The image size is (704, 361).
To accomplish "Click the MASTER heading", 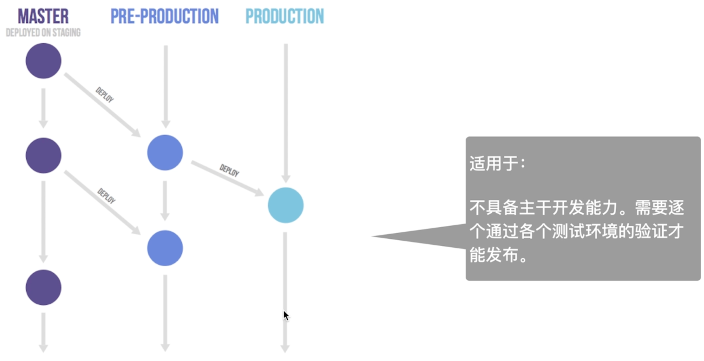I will [43, 17].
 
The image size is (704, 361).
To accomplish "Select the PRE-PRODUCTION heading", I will [164, 17].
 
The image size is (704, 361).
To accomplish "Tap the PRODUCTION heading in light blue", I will [285, 17].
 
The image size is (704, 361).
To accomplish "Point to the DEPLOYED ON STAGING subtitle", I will [43, 33].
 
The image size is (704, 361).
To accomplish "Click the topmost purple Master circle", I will [43, 61].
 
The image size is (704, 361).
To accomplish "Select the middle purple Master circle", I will [43, 155].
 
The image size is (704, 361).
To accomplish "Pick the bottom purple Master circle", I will [43, 287].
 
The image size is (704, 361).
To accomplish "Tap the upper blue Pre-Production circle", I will [165, 153].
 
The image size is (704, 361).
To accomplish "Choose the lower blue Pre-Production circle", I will [165, 248].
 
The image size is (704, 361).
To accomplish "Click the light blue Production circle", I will [286, 205].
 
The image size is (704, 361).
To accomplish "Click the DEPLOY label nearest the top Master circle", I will [105, 95].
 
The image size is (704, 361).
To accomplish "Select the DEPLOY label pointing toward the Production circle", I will [229, 170].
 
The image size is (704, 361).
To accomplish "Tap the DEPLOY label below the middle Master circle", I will [106, 196].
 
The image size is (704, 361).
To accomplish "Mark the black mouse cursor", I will [286, 316].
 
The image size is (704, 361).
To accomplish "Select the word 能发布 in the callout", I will [494, 255].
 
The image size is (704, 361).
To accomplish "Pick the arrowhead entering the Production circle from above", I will [286, 179].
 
